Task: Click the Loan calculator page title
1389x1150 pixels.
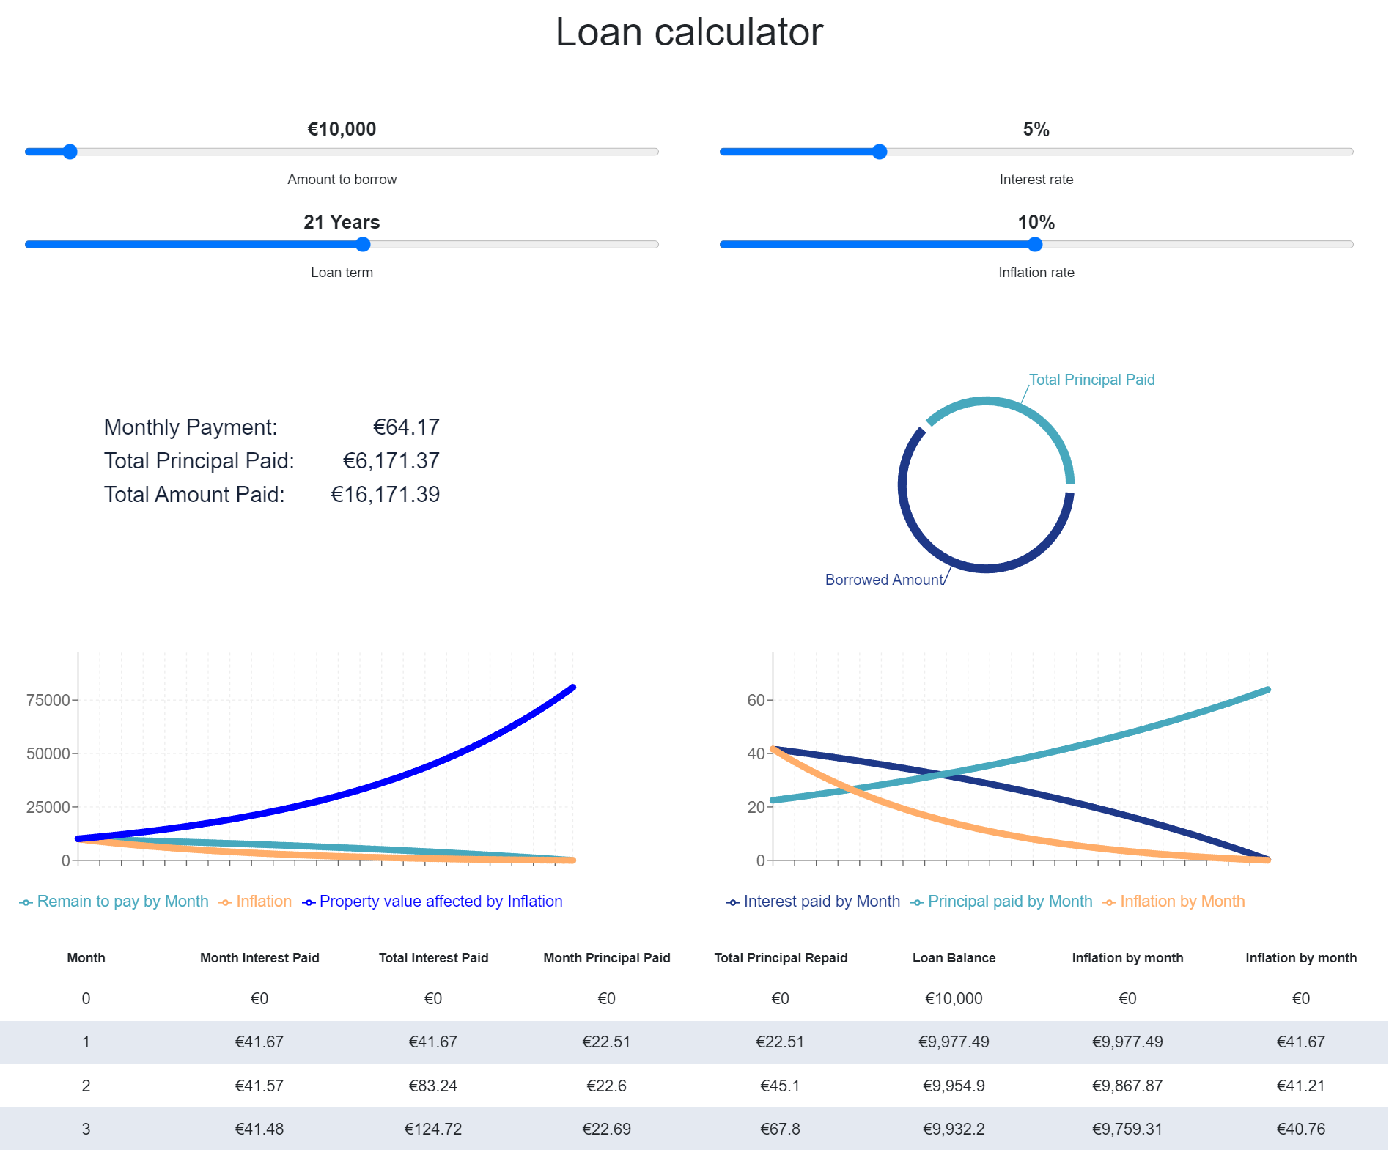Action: coord(689,32)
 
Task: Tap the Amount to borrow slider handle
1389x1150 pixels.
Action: coord(70,152)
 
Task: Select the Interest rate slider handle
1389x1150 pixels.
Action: coord(880,152)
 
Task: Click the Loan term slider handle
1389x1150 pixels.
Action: coord(363,245)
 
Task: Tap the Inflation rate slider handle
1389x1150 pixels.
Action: coord(1035,245)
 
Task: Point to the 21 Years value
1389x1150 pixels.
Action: coord(342,222)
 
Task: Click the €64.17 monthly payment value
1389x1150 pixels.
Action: coord(406,427)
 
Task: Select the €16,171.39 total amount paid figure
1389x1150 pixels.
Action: coord(385,495)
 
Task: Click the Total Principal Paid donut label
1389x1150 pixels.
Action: coord(1091,380)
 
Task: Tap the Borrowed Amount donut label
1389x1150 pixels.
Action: coord(883,580)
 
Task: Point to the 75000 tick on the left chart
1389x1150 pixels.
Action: coord(48,700)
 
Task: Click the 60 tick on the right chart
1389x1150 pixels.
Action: coord(755,700)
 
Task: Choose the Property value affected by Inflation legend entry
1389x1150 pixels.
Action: coord(440,902)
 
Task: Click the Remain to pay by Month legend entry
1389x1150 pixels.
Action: coord(122,902)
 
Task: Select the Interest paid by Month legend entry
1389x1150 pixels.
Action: coord(821,902)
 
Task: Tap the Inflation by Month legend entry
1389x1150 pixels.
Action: coord(1182,902)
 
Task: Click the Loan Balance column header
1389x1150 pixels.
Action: coord(954,958)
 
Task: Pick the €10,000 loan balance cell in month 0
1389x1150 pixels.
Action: coord(954,998)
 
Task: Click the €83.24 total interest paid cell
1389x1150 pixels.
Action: coord(432,1086)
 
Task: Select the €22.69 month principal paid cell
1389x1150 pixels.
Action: coord(606,1129)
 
